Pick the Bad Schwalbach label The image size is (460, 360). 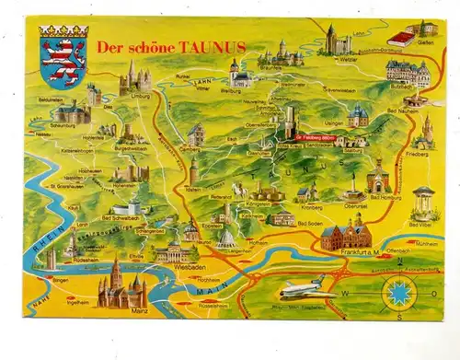[x=120, y=219]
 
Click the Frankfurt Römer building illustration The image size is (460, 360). [x=345, y=234]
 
